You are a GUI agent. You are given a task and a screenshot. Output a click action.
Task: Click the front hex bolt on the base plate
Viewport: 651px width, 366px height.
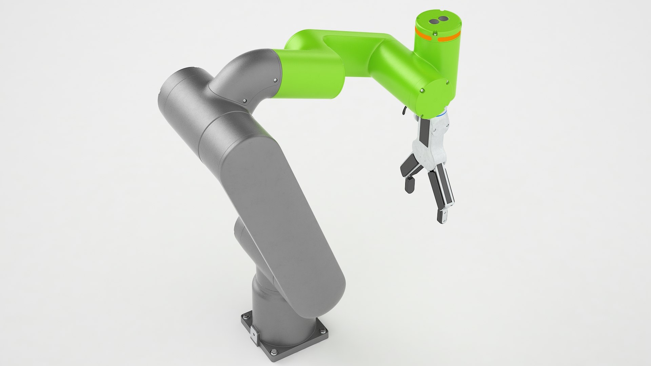click(275, 352)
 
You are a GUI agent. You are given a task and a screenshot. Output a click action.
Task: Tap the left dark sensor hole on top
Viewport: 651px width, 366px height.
click(434, 21)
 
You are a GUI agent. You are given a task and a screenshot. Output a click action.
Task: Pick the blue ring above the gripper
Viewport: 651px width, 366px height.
click(441, 115)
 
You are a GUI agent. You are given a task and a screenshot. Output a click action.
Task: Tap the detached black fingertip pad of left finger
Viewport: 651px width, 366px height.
click(409, 185)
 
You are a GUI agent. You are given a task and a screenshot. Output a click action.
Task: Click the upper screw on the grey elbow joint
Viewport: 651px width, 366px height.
click(275, 80)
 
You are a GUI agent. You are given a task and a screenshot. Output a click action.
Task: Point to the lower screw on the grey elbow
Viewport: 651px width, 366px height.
click(244, 101)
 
